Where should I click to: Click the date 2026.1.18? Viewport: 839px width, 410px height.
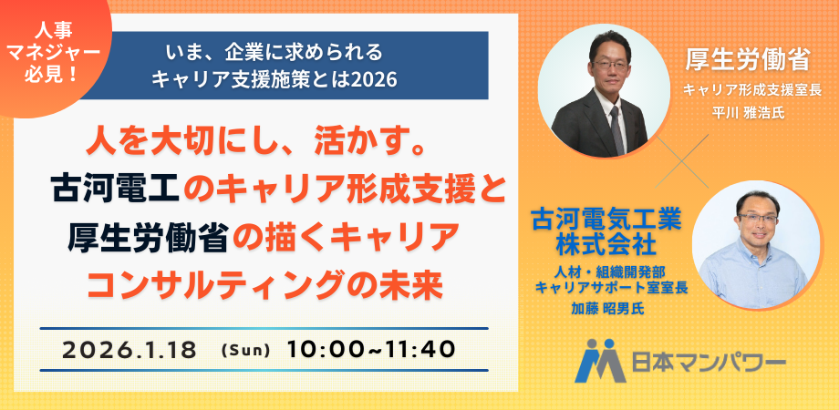point(130,350)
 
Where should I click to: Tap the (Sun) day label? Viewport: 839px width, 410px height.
point(245,351)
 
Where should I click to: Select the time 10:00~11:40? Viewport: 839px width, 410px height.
point(371,350)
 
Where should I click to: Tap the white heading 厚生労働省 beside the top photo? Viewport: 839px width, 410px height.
point(747,61)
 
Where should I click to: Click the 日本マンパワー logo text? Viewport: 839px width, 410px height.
point(709,363)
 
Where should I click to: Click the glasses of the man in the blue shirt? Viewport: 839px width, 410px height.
point(758,218)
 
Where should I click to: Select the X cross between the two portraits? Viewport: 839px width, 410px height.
point(682,161)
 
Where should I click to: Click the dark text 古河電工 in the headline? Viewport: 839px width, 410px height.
point(118,190)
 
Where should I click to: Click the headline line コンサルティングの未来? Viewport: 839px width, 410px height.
point(264,286)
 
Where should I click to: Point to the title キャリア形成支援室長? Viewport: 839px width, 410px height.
point(751,90)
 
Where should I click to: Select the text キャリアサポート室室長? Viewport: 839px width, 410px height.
point(612,287)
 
